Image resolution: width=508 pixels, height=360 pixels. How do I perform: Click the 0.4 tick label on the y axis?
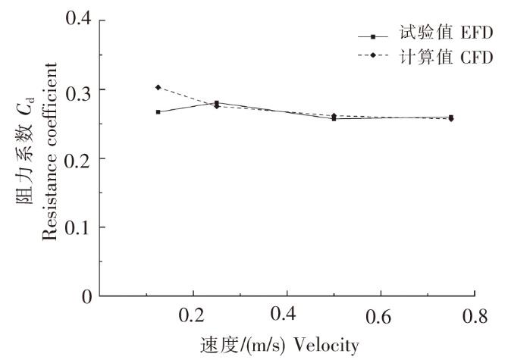click(x=80, y=20)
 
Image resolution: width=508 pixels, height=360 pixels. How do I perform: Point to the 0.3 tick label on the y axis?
click(x=80, y=90)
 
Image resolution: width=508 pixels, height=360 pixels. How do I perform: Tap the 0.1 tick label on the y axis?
click(x=80, y=227)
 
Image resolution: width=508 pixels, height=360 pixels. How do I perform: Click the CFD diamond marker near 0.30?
click(x=158, y=87)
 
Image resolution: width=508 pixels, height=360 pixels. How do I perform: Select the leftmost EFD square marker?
click(x=158, y=112)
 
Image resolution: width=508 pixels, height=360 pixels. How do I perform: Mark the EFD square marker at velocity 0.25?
click(x=217, y=103)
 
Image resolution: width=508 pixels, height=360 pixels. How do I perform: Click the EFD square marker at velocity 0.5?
click(x=334, y=119)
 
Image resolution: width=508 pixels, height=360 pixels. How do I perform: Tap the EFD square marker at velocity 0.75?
click(x=451, y=117)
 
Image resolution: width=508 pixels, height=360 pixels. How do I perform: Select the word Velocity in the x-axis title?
click(x=328, y=346)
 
